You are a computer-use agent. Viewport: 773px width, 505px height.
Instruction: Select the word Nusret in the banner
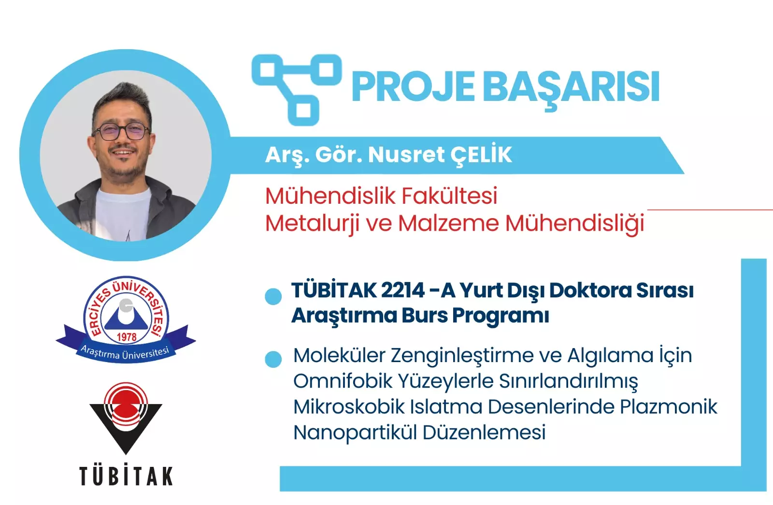tap(406, 155)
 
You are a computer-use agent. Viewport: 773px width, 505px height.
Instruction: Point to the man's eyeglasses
tap(121, 131)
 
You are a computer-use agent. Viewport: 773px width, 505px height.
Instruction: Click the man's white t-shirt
tap(123, 214)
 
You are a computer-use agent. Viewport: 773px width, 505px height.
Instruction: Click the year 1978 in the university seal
tap(127, 337)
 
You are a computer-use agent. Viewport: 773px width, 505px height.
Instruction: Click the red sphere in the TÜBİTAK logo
tap(126, 407)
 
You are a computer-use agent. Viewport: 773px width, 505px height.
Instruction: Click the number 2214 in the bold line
tap(403, 290)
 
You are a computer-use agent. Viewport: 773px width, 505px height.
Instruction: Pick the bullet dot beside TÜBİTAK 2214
tap(273, 296)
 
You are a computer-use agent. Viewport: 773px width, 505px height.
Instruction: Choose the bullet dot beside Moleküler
tap(273, 359)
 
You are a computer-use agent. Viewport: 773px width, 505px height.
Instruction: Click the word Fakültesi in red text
tap(449, 196)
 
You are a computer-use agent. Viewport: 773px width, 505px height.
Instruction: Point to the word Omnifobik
tap(343, 381)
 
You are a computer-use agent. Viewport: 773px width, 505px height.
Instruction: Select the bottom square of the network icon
tap(304, 110)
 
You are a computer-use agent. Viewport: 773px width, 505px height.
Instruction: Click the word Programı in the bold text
tap(501, 316)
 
